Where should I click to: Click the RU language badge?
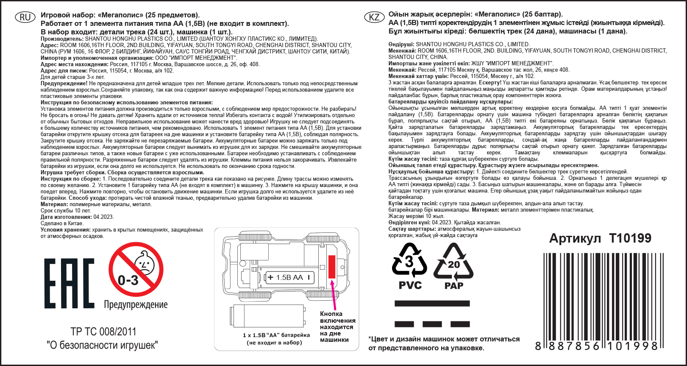tap(25, 17)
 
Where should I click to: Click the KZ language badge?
tap(374, 17)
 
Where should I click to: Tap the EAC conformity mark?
tap(69, 283)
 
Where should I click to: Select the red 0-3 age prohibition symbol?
tap(136, 269)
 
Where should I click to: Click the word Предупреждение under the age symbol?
tap(136, 305)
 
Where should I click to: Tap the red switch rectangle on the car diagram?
tap(332, 267)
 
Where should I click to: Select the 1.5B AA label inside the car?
tap(289, 277)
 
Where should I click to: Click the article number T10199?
tap(630, 238)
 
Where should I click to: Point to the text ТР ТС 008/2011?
tap(103, 332)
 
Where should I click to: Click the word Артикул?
tap(575, 238)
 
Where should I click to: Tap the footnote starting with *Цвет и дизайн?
tap(444, 344)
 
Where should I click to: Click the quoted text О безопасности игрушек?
tap(102, 345)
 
